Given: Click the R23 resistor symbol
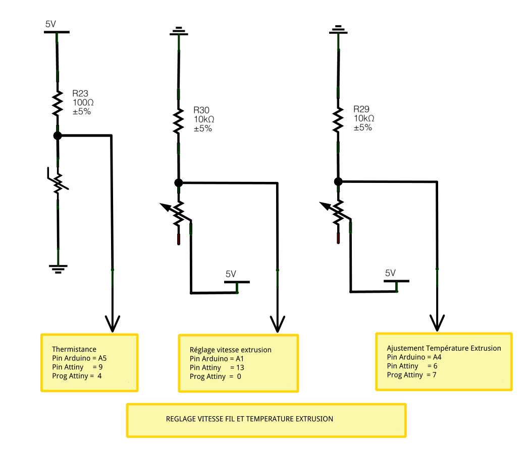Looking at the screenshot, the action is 58,103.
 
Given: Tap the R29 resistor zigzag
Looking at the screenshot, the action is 338,120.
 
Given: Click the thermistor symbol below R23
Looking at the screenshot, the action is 58,182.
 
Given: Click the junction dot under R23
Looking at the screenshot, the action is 58,136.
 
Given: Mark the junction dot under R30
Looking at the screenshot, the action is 179,183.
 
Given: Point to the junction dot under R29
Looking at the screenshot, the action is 338,182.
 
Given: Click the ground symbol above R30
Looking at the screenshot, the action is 179,31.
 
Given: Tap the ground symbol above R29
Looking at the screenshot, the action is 338,30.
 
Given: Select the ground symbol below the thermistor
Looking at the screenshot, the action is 58,269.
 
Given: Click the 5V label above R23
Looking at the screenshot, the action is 50,24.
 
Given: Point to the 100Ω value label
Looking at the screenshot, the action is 83,102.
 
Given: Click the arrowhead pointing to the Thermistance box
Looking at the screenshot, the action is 113,324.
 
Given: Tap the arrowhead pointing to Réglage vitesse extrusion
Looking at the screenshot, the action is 277,324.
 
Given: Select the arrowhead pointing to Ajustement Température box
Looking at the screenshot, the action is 437,323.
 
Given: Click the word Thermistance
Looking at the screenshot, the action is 74,349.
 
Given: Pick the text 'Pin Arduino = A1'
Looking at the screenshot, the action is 217,359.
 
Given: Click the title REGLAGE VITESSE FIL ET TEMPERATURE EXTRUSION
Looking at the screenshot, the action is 249,419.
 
